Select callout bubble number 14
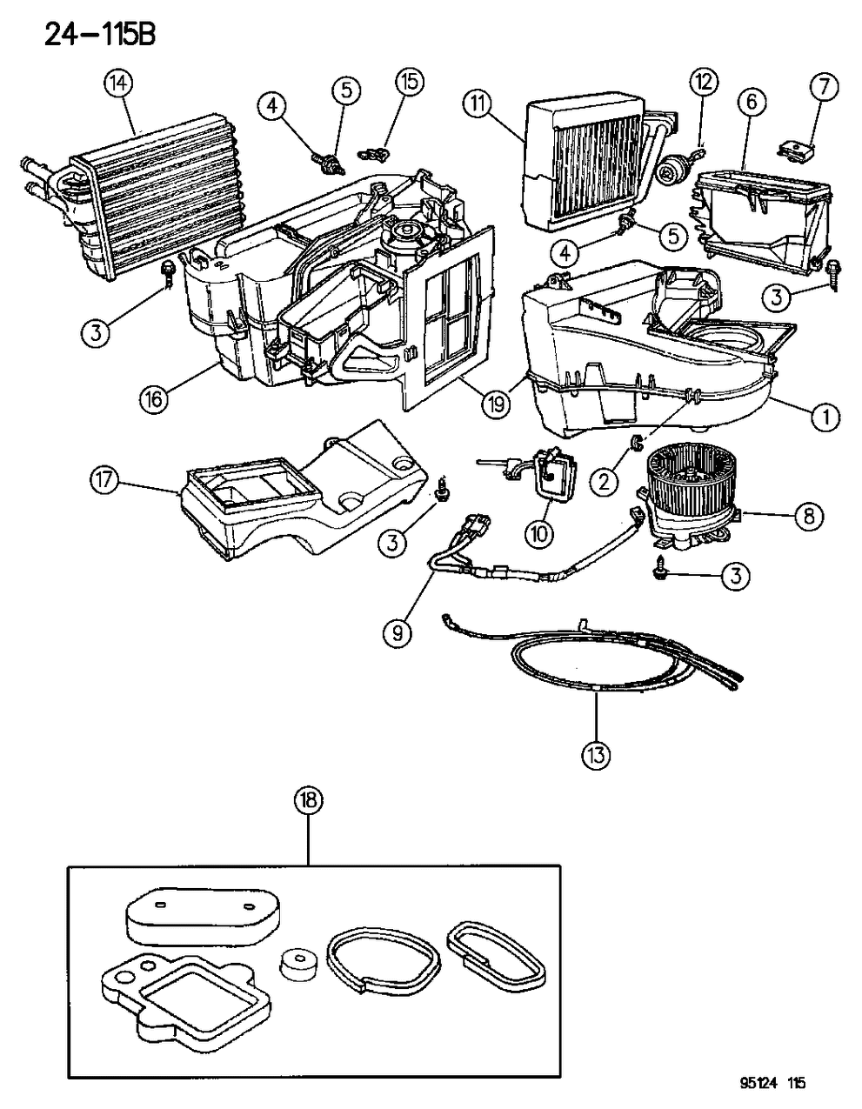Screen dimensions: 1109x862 pos(118,84)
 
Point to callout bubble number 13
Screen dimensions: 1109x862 pos(597,755)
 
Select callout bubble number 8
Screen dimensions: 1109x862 pos(808,516)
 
